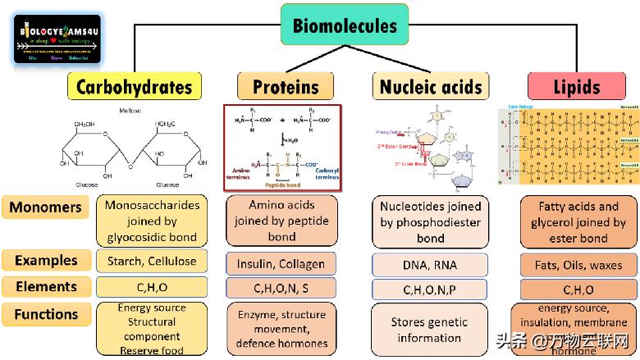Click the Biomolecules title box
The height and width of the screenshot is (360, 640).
coord(345,25)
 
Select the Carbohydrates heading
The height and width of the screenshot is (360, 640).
coord(134,87)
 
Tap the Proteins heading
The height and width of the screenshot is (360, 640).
coord(286,87)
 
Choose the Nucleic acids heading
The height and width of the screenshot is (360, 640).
coord(431,87)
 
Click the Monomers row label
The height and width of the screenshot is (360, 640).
coord(47,207)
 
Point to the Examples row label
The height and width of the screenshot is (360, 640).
coord(47,261)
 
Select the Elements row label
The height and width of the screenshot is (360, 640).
coord(47,287)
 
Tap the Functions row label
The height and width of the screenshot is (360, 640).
coord(47,314)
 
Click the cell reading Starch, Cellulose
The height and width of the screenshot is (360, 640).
coord(152,262)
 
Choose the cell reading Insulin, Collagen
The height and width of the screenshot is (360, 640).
coord(281,264)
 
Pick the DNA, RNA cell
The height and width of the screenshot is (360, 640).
coord(429,264)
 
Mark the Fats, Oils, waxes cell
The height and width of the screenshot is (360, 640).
coord(579,265)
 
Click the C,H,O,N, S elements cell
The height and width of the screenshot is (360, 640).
coord(281,289)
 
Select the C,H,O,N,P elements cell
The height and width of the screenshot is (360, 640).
coord(429,289)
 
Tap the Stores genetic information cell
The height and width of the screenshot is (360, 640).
coord(429,330)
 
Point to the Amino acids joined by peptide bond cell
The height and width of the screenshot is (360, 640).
coord(281,221)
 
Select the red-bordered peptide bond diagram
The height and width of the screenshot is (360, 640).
coord(282,148)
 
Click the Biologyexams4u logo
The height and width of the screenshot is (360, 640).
coord(57,39)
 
